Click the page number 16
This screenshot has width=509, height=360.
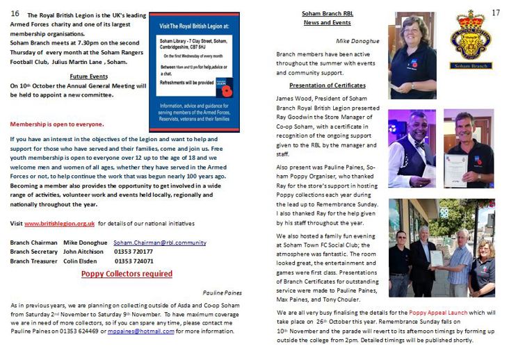point(15,13)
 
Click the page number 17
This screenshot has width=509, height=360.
point(495,13)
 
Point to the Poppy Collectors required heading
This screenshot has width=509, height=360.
point(127,274)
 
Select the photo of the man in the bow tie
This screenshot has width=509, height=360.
point(413,149)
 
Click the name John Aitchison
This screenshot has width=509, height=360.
point(84,252)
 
